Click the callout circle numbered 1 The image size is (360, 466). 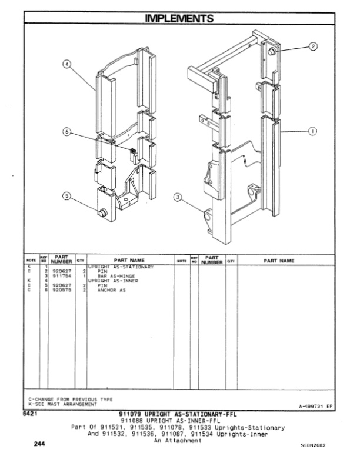(x=312, y=131)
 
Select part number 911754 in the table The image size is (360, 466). (x=62, y=275)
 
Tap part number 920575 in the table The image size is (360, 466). (x=62, y=289)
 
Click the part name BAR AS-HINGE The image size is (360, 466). (x=116, y=275)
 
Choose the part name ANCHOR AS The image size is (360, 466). (x=111, y=289)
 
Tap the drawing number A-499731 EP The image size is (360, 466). (x=312, y=405)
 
